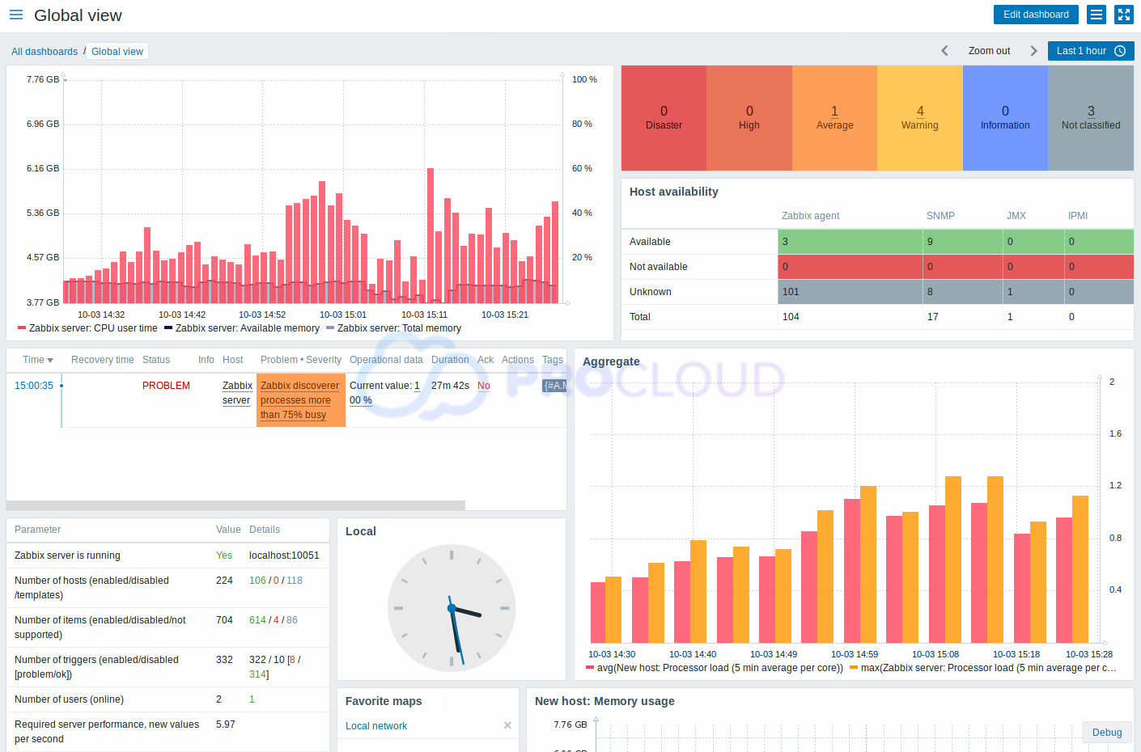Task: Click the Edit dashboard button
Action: click(x=1035, y=15)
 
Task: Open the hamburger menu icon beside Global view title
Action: click(x=16, y=15)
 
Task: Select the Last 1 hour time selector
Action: click(x=1090, y=51)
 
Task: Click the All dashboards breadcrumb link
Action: click(x=45, y=52)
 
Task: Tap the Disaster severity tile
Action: click(x=664, y=118)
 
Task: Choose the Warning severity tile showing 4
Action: click(x=919, y=118)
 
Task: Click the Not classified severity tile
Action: click(x=1090, y=118)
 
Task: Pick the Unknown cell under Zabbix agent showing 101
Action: click(x=850, y=292)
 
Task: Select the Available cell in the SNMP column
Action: click(x=962, y=242)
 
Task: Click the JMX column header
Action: click(x=1016, y=216)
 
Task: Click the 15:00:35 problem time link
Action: click(x=34, y=386)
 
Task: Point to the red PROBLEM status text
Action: click(x=166, y=386)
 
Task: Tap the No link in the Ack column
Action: click(x=483, y=386)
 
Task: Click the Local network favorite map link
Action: click(x=376, y=726)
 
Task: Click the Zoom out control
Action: click(x=989, y=51)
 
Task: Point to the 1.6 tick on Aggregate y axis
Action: click(x=1115, y=434)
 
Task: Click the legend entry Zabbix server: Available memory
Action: click(x=247, y=328)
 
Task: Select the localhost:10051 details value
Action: click(x=284, y=556)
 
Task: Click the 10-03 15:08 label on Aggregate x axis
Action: click(x=935, y=654)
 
